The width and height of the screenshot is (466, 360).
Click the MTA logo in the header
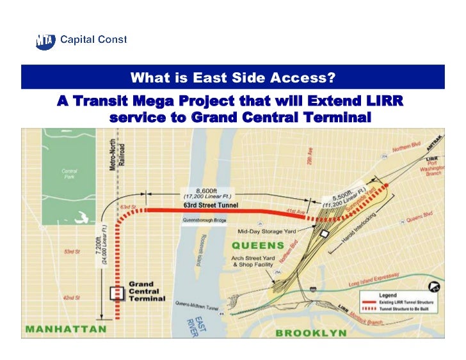pyautogui.click(x=46, y=41)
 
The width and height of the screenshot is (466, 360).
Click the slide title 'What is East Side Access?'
pyautogui.click(x=232, y=78)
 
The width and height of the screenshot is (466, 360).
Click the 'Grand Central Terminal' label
pyautogui.click(x=147, y=291)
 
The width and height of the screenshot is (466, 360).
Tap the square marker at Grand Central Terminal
pyautogui.click(x=116, y=293)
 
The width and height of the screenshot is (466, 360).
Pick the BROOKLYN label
pyautogui.click(x=310, y=333)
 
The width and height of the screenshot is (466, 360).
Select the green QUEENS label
pyautogui.click(x=258, y=245)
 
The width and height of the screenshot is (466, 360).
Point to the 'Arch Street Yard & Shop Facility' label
pyautogui.click(x=254, y=261)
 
